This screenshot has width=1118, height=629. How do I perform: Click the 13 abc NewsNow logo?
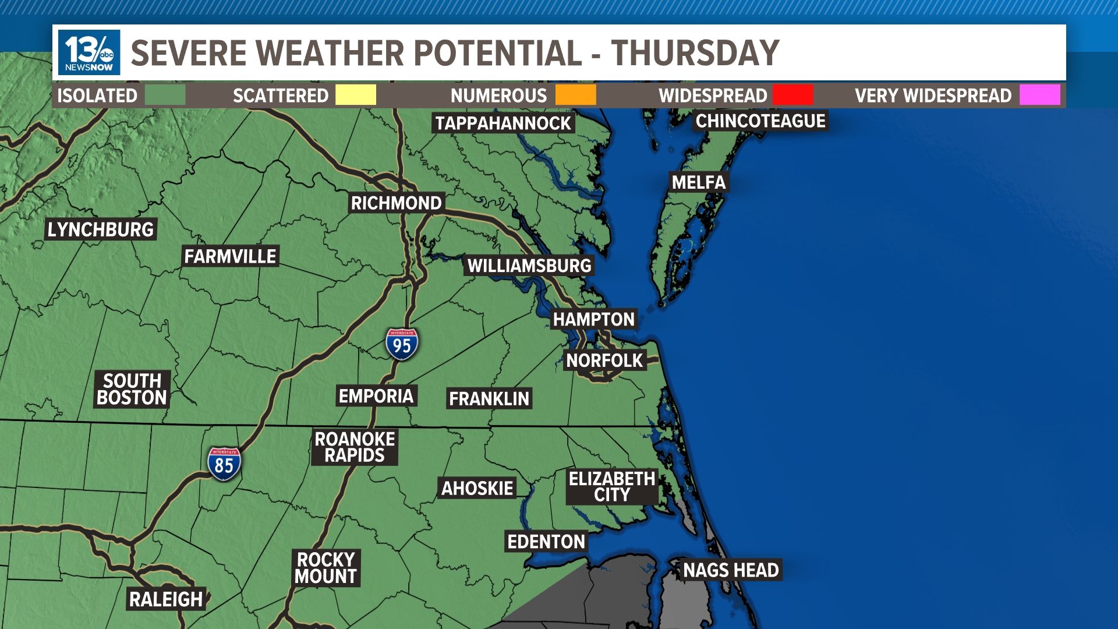click(89, 52)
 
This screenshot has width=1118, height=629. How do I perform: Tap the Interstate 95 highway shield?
click(402, 344)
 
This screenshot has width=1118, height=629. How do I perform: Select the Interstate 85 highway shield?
click(224, 464)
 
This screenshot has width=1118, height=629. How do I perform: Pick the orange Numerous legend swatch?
click(575, 95)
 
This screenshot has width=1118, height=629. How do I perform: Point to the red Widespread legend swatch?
click(792, 95)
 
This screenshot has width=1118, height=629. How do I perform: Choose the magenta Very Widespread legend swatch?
click(1039, 95)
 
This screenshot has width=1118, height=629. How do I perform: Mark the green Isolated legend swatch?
click(165, 95)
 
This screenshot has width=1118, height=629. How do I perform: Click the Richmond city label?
click(397, 203)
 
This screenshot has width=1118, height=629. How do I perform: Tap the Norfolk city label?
click(604, 361)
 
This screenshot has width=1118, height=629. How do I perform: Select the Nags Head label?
click(731, 570)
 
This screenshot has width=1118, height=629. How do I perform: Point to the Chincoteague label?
click(760, 121)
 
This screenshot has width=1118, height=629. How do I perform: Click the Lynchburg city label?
click(101, 229)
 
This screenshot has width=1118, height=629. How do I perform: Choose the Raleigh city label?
click(166, 599)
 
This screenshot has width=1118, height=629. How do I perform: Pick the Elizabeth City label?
click(612, 487)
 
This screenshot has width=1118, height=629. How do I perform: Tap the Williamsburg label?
click(529, 266)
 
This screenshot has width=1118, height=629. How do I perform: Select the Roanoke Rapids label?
click(355, 447)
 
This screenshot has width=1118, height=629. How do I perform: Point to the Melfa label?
click(699, 182)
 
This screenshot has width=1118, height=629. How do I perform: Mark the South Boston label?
click(132, 389)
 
